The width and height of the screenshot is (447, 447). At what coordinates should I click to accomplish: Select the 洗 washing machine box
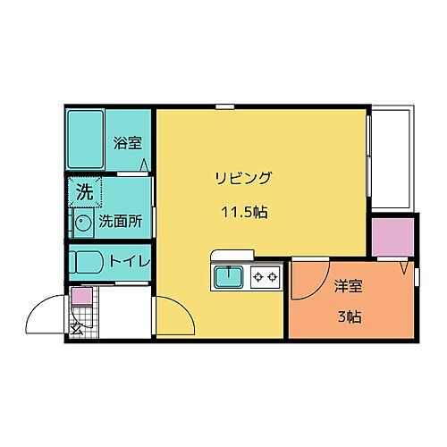click(83, 190)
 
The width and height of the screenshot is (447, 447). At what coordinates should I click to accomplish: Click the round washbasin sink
click(82, 224)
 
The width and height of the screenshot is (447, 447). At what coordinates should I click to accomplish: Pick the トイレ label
click(128, 262)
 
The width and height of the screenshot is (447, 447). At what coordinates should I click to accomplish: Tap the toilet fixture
click(88, 263)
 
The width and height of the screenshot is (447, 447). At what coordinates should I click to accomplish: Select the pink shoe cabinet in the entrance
click(80, 298)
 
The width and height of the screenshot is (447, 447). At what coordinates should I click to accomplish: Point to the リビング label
click(242, 177)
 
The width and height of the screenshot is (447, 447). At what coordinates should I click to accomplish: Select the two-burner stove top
click(266, 276)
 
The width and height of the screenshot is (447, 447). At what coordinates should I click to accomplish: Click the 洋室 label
click(349, 287)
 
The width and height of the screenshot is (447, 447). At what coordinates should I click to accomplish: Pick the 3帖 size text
click(350, 316)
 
